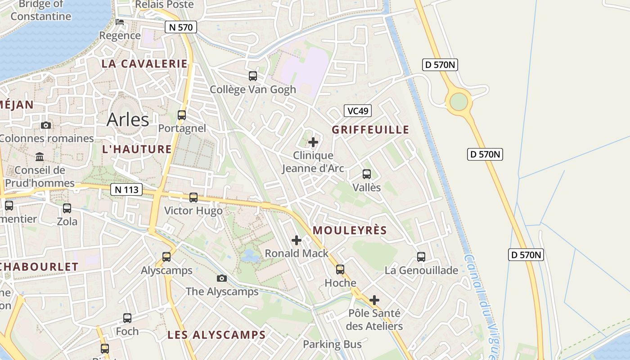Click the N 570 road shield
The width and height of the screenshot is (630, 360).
pos(181,27)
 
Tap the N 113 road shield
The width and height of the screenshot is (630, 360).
pos(126,189)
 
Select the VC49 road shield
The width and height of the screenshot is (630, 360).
pos(358,111)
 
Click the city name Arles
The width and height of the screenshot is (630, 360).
pos(128,120)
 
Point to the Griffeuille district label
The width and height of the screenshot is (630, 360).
pos(370,130)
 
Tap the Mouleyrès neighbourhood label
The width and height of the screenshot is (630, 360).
pos(350,230)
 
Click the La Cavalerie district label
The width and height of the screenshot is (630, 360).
pos(144,64)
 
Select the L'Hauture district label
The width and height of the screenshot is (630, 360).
pos(137,149)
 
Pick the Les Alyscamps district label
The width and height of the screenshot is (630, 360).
pos(216,335)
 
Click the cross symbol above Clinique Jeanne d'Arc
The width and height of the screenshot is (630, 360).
pos(313,143)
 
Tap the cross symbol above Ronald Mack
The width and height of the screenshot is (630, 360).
pos(297,240)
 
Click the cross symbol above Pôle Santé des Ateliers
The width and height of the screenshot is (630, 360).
pos(374,300)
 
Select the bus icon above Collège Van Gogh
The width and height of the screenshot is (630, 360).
pos(253,76)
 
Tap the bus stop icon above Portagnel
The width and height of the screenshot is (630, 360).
pos(182,115)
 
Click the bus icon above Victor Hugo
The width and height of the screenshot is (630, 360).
pos(193,197)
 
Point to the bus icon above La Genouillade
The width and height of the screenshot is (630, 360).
pos(421,257)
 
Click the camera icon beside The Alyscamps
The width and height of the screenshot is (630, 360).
pos(222,279)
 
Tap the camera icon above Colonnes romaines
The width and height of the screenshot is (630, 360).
pos(46,126)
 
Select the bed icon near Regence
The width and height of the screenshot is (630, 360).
pos(120,22)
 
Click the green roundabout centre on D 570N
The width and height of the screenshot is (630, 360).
pos(459,101)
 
